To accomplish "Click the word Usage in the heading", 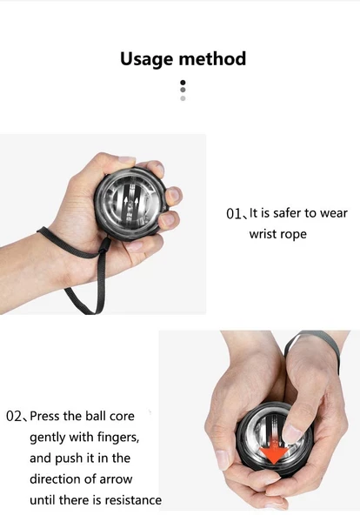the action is click(x=147, y=59).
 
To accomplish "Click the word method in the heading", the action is click(x=212, y=59).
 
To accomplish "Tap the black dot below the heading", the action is click(x=183, y=82).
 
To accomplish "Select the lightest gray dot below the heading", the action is click(x=183, y=98).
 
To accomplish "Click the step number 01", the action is click(x=234, y=214).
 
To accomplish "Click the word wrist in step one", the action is click(x=263, y=234).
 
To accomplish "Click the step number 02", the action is click(x=13, y=417).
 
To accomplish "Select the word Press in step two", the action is click(x=45, y=416).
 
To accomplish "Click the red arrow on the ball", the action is click(x=274, y=451).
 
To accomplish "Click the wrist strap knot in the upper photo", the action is click(x=104, y=246).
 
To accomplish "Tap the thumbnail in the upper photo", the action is click(x=127, y=160).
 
